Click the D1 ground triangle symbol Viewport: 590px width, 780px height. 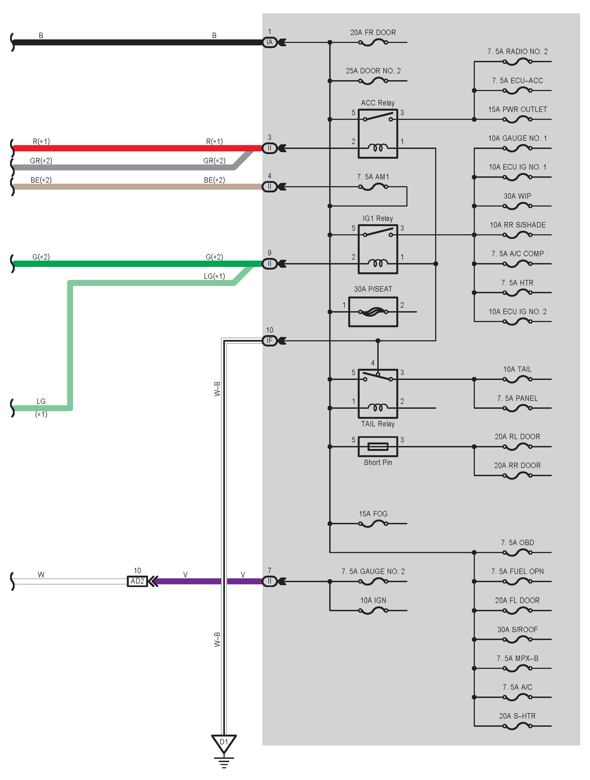coord(224,743)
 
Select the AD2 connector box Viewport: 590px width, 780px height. coord(137,581)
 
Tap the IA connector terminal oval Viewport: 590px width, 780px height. coord(270,42)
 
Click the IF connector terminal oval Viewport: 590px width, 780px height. coord(270,341)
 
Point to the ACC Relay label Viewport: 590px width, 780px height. coord(378,103)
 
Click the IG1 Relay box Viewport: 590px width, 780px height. coord(378,249)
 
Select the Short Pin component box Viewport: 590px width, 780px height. coord(378,447)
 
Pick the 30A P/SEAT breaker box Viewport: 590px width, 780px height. coord(373,312)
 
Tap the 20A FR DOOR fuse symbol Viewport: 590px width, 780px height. coord(373,43)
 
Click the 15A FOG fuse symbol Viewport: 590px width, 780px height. coord(373,524)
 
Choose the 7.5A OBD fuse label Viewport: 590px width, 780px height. coord(517,543)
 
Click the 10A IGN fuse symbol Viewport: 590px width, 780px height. coord(373,610)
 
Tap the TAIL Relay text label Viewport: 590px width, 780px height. coord(378,424)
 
